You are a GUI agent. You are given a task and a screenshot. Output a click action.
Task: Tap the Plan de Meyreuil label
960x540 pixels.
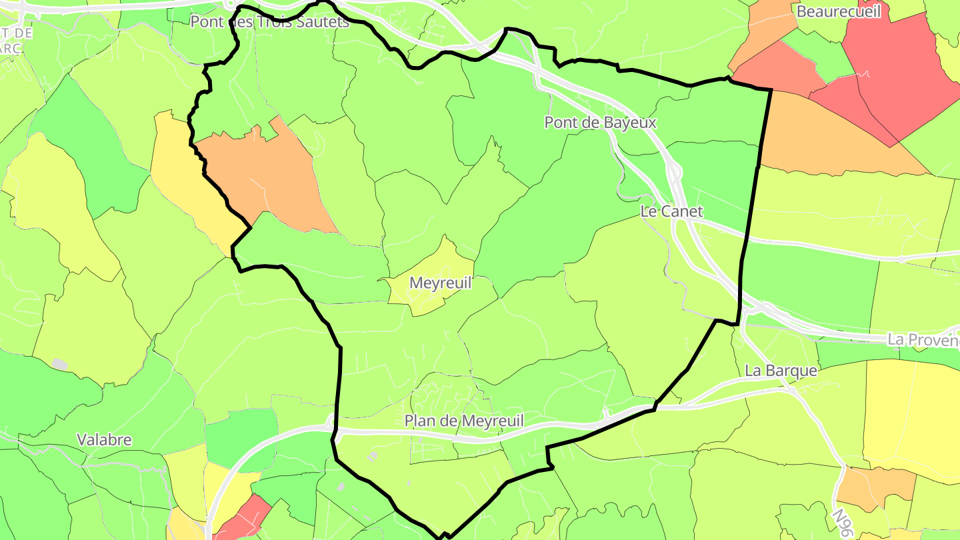click(464, 421)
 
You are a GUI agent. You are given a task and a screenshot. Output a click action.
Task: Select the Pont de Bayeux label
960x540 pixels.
click(600, 123)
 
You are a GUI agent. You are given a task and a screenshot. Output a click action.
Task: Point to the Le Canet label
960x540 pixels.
click(671, 211)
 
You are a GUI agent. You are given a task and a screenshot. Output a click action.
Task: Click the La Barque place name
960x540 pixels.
click(781, 371)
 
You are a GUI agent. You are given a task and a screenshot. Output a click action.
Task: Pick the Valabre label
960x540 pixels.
click(104, 440)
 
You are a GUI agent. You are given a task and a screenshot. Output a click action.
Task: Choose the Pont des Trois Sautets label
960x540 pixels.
click(269, 22)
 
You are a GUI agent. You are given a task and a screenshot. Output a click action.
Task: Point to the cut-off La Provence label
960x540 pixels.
click(923, 339)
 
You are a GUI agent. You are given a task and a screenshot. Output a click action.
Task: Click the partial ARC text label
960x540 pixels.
click(12, 49)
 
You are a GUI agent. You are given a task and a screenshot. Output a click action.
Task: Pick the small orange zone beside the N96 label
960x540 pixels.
click(873, 487)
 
